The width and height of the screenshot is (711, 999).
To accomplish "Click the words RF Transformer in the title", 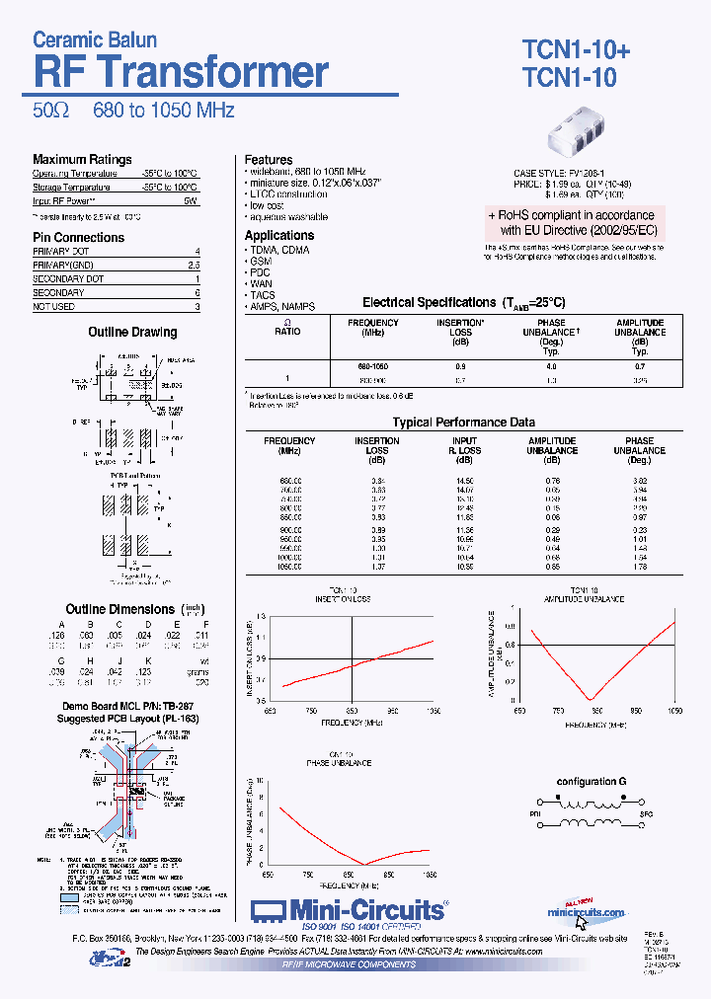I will (x=181, y=72).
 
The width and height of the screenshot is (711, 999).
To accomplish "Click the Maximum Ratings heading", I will (x=82, y=159).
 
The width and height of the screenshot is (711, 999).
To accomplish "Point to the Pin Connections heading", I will (x=79, y=237).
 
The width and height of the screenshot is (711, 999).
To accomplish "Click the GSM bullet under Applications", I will (x=261, y=261).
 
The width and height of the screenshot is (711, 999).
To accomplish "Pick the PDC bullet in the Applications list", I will (x=261, y=272).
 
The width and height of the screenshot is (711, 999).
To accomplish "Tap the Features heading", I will (x=269, y=159).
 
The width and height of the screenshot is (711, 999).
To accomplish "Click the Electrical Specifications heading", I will (x=463, y=303).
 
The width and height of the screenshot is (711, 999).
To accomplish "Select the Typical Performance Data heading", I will (x=463, y=423).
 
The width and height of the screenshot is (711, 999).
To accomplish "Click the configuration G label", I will (x=592, y=781).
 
